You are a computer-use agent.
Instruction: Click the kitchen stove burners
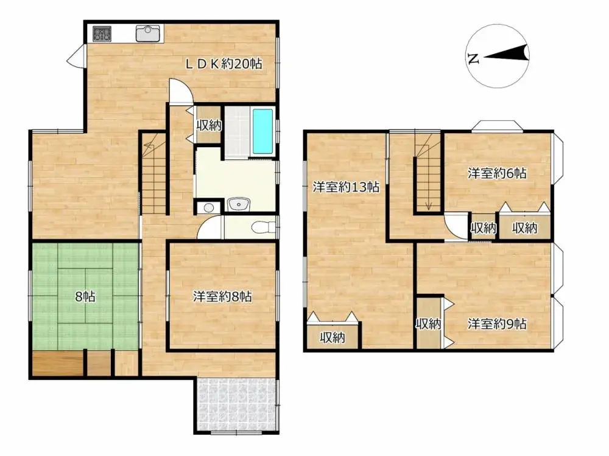pos(101,35)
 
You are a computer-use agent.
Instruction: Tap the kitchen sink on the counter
pos(148,33)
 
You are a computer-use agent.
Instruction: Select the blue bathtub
pos(262,132)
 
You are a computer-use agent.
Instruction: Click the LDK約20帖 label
pos(224,63)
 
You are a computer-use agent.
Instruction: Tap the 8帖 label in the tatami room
pos(85,297)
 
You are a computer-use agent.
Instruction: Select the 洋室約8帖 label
pos(223,297)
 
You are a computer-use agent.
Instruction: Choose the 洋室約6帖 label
pos(497,173)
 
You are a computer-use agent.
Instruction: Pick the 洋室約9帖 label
pos(497,323)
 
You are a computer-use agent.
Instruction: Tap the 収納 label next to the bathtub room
pos(209,126)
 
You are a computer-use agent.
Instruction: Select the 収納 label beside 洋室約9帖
pos(429,323)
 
